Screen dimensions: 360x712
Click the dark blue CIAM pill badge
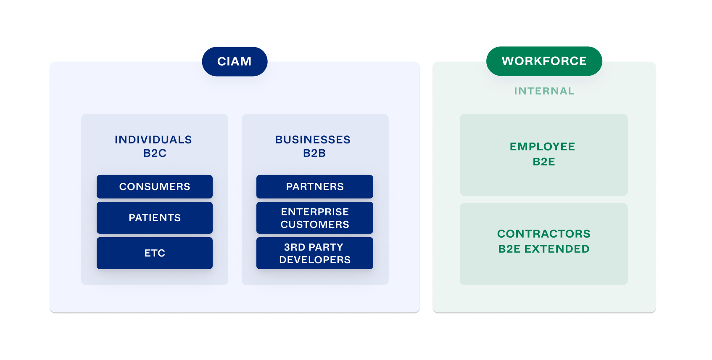click(x=235, y=61)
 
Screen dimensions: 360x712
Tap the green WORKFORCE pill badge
click(x=544, y=61)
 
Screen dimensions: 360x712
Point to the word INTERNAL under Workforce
click(x=544, y=91)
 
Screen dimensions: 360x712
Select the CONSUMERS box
click(x=155, y=187)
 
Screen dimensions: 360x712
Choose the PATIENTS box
click(x=155, y=218)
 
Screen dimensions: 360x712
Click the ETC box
click(x=155, y=253)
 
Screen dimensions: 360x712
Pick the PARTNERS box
click(x=315, y=187)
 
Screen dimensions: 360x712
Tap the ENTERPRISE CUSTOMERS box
click(x=315, y=218)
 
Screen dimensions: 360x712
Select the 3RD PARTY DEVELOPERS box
click(x=315, y=253)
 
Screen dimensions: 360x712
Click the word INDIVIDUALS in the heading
click(x=153, y=140)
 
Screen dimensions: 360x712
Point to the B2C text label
click(x=155, y=153)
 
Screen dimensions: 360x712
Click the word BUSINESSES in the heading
click(x=313, y=140)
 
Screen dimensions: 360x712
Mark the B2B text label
click(x=314, y=153)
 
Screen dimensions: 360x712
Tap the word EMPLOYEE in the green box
click(x=542, y=146)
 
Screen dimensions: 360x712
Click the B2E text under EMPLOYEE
click(x=544, y=161)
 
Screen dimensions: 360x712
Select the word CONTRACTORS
click(x=544, y=233)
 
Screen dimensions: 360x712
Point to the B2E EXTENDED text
click(x=544, y=249)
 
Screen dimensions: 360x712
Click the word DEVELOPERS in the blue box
click(x=315, y=260)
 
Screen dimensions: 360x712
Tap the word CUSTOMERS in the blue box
click(x=315, y=225)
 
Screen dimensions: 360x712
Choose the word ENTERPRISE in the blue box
click(x=315, y=212)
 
